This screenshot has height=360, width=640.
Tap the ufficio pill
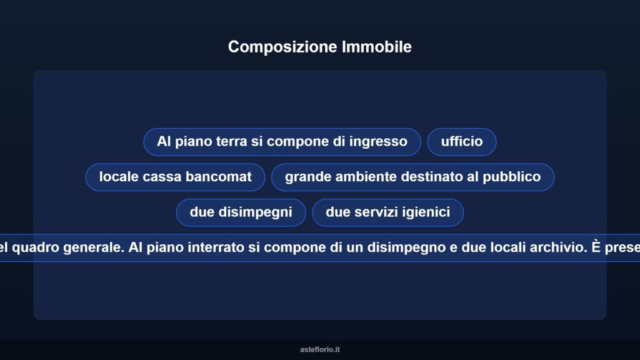462,142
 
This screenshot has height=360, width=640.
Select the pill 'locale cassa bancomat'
175,177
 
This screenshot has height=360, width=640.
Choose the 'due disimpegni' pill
241,212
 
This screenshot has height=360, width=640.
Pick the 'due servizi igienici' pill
387,212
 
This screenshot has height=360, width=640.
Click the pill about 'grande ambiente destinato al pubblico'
412,177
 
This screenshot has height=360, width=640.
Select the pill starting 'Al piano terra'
282,142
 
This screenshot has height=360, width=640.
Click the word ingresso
378,142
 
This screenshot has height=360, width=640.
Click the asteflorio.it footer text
320,349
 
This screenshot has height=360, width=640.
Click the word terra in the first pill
231,142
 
